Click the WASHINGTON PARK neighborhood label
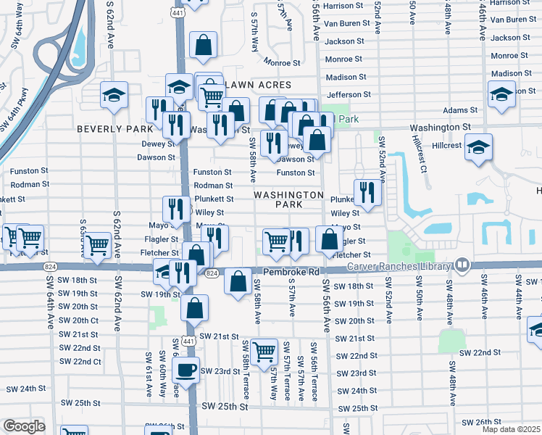(288, 200)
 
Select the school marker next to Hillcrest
(479, 146)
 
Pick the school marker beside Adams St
(501, 95)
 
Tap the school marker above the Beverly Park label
(114, 96)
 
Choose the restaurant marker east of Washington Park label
(367, 192)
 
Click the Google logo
(24, 426)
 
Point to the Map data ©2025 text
(510, 429)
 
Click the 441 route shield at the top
(177, 12)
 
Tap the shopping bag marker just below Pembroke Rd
(238, 281)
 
